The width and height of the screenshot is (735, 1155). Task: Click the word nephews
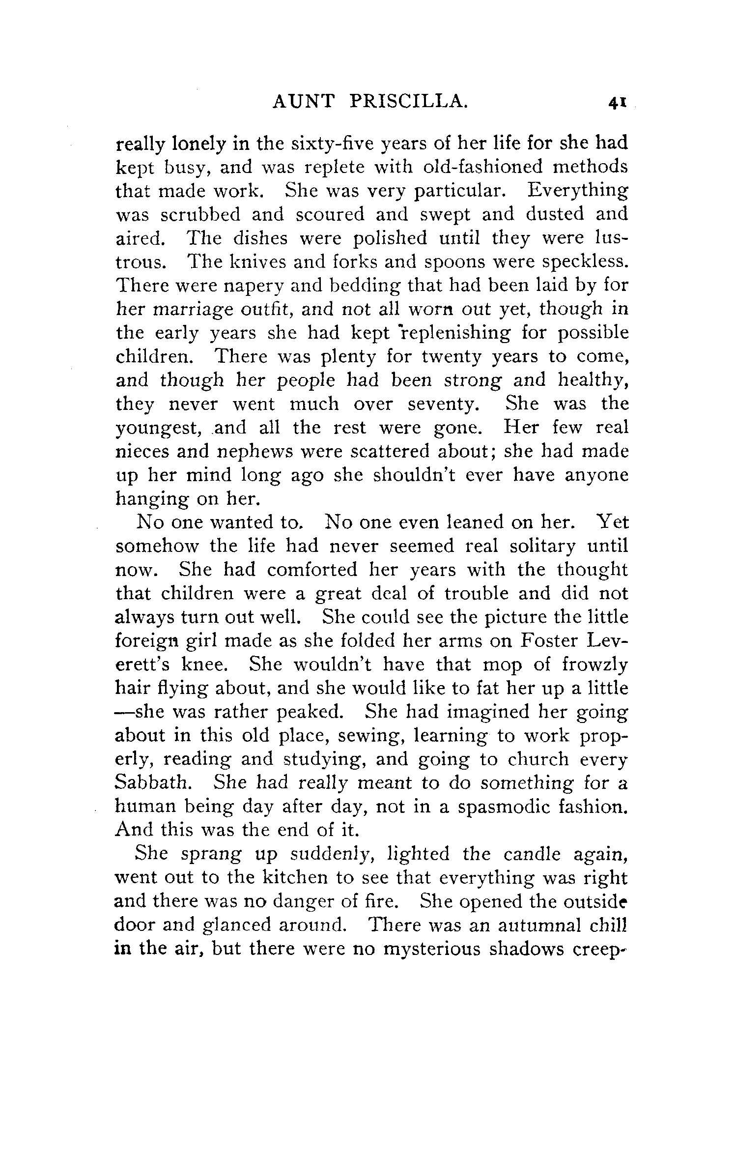(254, 451)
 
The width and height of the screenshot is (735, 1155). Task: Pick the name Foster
(547, 640)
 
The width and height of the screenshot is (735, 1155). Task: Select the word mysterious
(430, 949)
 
